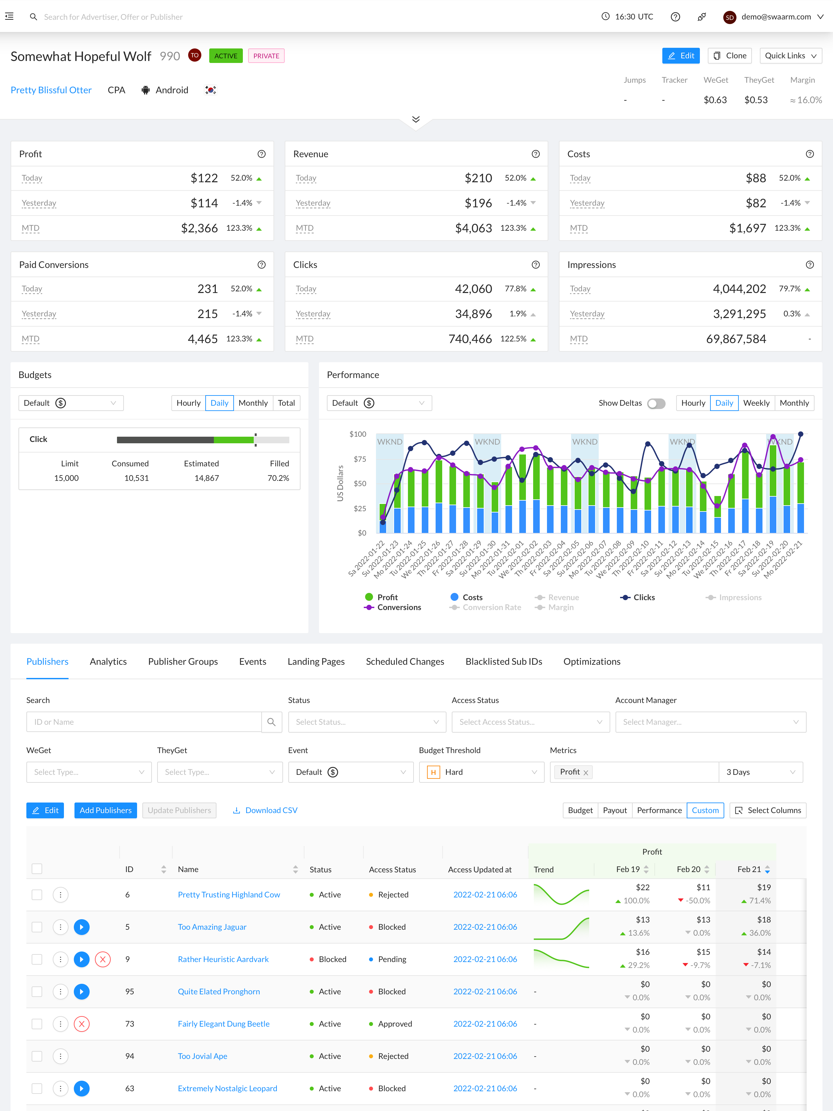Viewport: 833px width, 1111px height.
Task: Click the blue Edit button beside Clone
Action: [x=680, y=56]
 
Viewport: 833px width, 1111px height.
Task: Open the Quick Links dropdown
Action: [x=790, y=56]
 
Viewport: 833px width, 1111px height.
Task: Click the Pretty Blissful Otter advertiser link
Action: [x=51, y=90]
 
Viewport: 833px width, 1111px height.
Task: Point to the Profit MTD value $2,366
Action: [x=199, y=228]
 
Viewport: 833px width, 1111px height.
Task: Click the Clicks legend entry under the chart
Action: [x=638, y=597]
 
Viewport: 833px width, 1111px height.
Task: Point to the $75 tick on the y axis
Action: [x=359, y=459]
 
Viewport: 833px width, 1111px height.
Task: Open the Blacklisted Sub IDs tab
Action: [x=503, y=661]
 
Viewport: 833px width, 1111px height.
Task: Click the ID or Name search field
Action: [x=144, y=722]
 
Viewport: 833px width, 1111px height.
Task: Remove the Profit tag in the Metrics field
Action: [x=586, y=773]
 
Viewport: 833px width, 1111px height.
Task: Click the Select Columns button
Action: [x=768, y=810]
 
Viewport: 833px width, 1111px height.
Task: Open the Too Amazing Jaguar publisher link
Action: [x=212, y=927]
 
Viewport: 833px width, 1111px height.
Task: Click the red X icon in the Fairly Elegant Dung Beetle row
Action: [x=82, y=1024]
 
